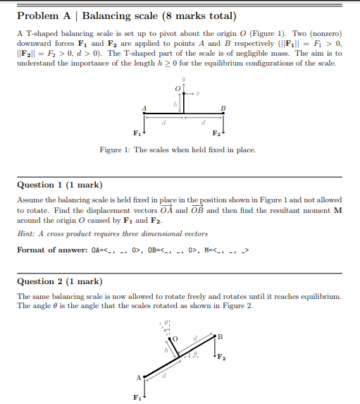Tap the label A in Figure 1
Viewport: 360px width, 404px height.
144,107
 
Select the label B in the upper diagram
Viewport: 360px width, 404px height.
223,107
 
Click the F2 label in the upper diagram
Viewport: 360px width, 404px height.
216,133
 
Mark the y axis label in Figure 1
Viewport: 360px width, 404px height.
183,80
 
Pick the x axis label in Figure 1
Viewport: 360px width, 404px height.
199,92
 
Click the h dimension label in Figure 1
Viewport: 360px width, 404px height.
174,103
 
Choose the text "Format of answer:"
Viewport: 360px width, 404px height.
51,250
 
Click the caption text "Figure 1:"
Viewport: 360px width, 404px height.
114,150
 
